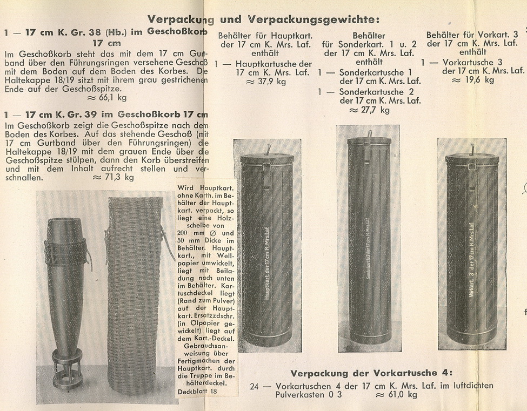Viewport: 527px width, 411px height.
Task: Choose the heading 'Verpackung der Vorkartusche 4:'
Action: click(x=371, y=373)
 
